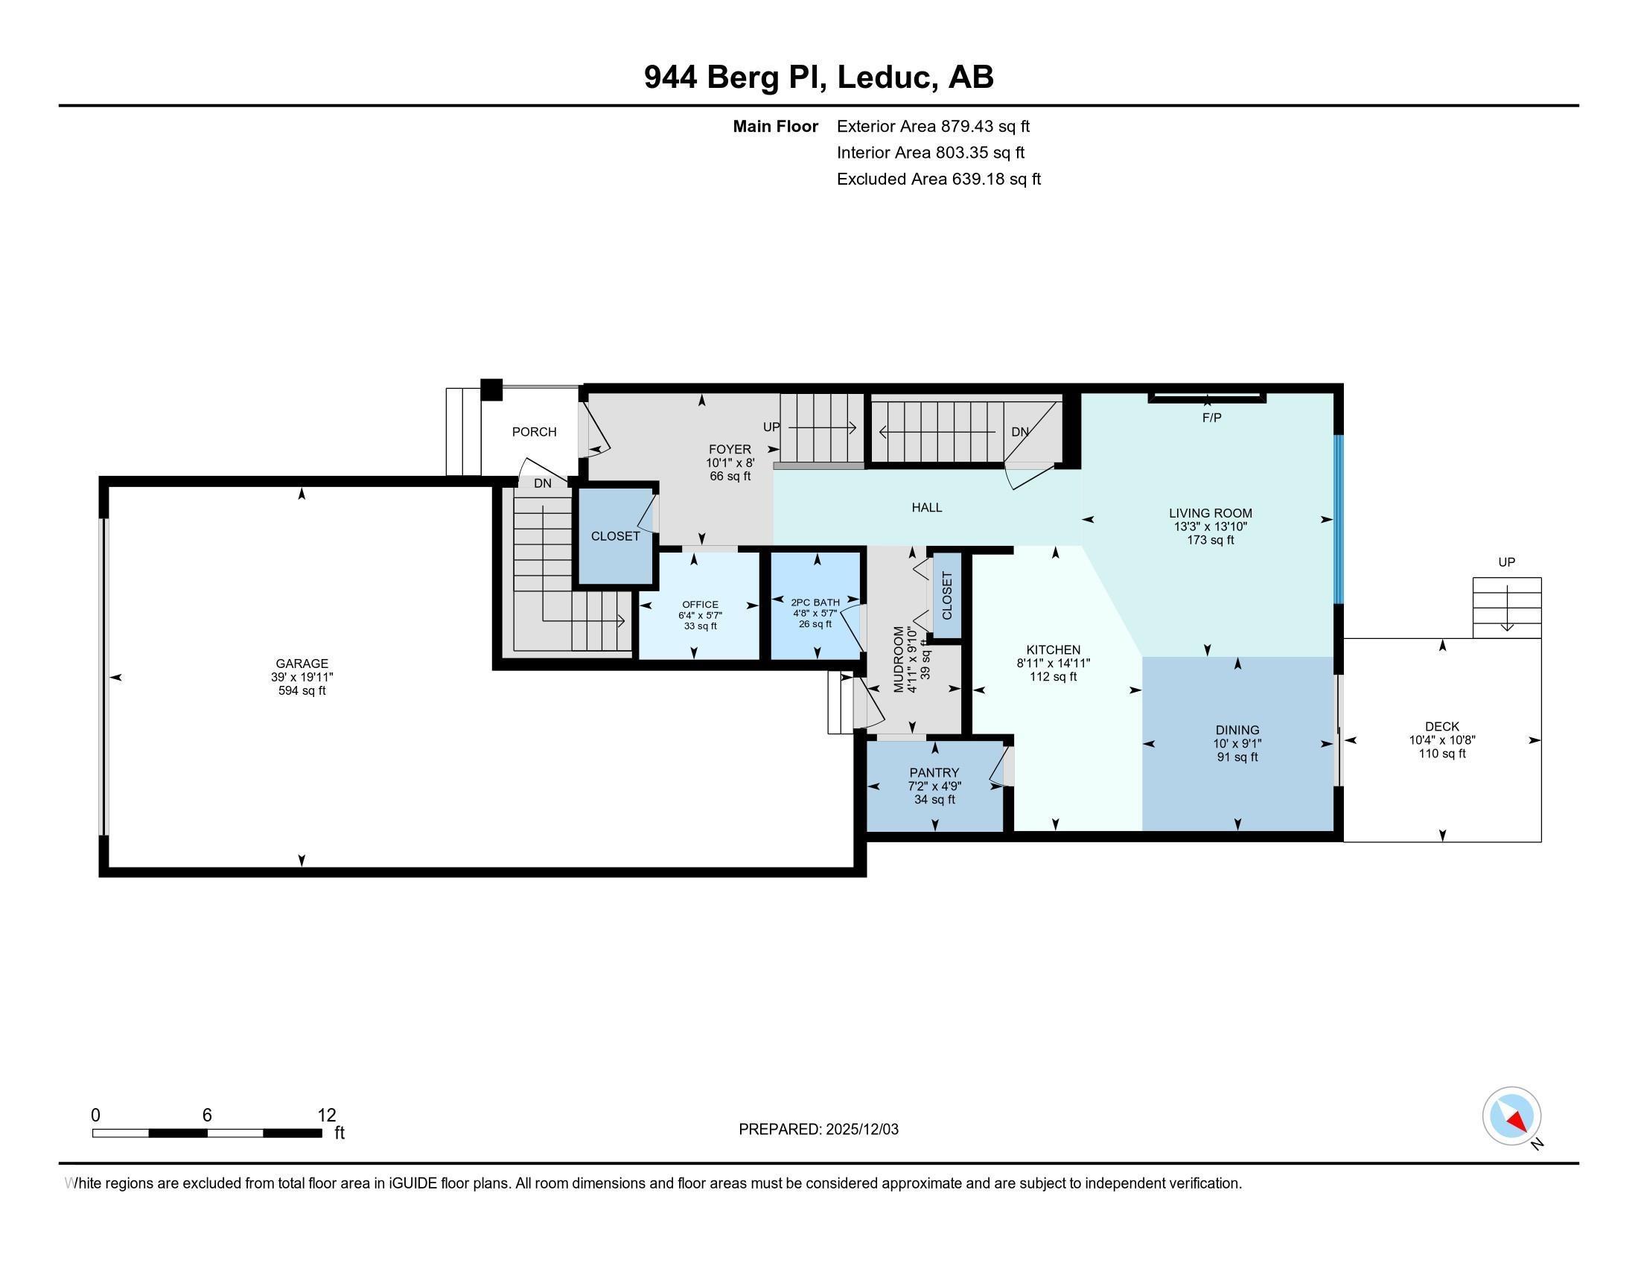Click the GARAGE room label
tap(302, 664)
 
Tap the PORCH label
tap(534, 432)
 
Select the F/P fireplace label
tap(1212, 418)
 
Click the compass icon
tap(1511, 1116)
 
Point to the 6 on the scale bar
tap(207, 1116)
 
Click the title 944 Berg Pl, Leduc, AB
tap(819, 77)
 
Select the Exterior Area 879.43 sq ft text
tap(934, 127)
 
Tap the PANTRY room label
tap(934, 772)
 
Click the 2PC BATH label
tap(815, 602)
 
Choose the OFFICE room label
tap(700, 605)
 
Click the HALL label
tap(927, 508)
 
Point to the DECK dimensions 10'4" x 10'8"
tap(1441, 740)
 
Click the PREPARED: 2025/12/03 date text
tap(818, 1130)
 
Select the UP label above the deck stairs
tap(1506, 562)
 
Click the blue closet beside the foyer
tap(615, 536)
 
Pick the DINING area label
tap(1237, 731)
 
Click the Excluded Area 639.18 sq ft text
tap(939, 179)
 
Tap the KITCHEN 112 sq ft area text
tap(1053, 677)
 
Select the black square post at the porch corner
tap(491, 390)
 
